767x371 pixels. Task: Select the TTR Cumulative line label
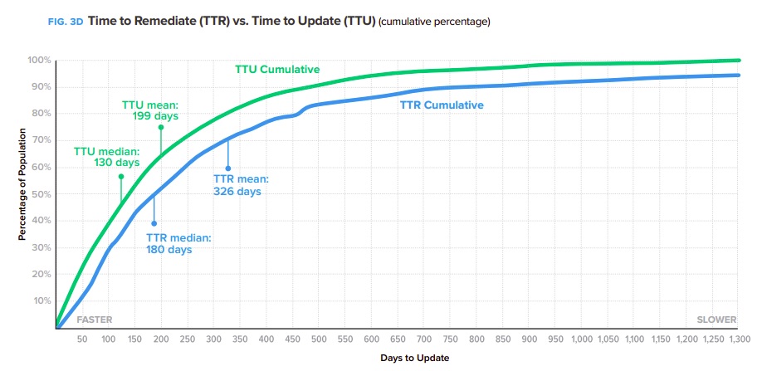[x=442, y=105]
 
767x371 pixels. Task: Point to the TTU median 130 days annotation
[x=107, y=157]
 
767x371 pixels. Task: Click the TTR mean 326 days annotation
[x=241, y=185]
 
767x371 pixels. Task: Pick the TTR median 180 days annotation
[x=181, y=243]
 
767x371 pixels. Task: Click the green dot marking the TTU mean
[x=161, y=127]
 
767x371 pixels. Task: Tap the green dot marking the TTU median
[x=120, y=176]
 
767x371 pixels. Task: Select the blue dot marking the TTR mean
[x=227, y=168]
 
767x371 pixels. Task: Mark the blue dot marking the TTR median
[x=154, y=223]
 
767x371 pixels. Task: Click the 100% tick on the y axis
[x=39, y=61]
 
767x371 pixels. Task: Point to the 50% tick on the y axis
[x=41, y=194]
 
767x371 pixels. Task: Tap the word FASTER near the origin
[x=94, y=320]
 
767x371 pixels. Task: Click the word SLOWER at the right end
[x=715, y=320]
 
